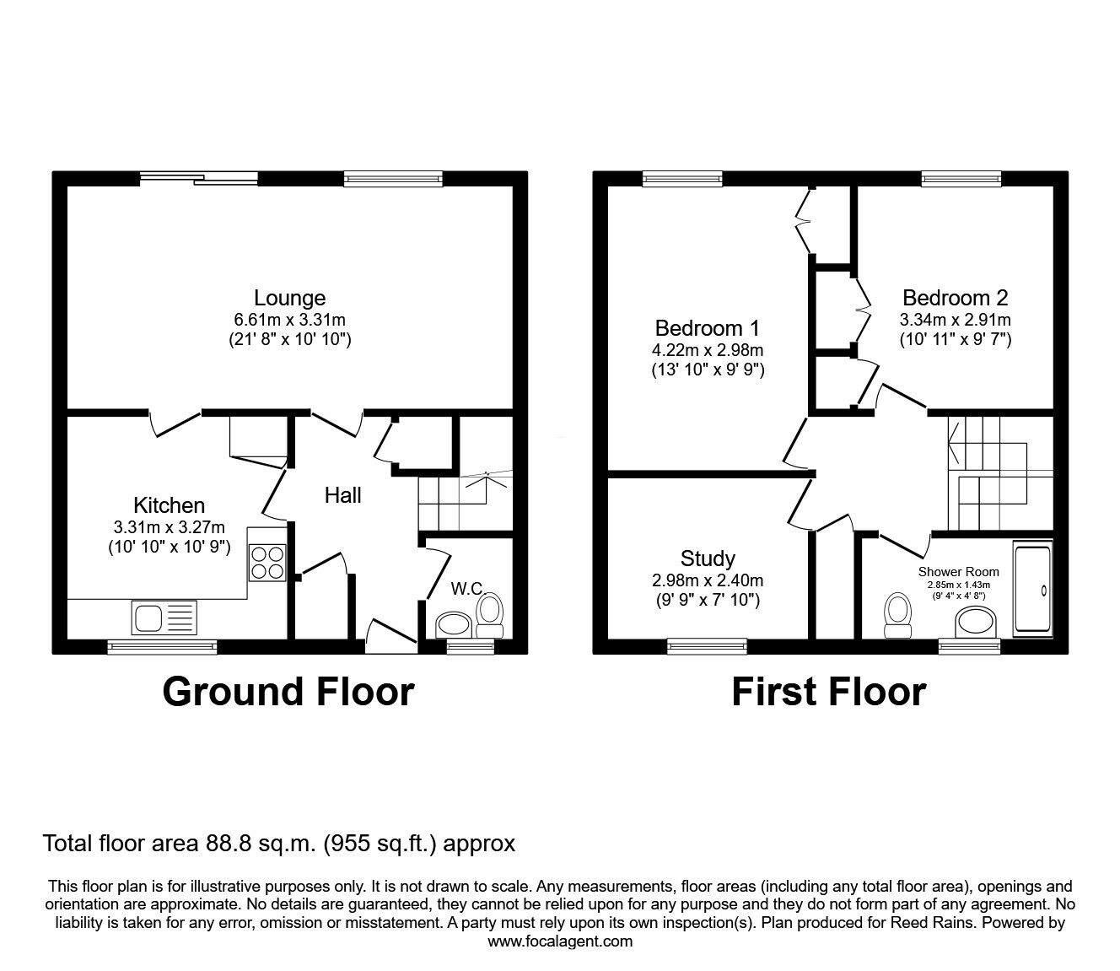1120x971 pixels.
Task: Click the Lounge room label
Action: (x=290, y=298)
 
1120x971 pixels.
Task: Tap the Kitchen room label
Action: (x=169, y=505)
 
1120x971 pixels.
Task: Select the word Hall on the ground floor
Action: (x=342, y=495)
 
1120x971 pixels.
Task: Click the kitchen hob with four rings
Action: (x=267, y=564)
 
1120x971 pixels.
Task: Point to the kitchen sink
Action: (x=164, y=617)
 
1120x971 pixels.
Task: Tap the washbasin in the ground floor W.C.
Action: (x=454, y=625)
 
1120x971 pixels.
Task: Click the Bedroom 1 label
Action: (x=707, y=328)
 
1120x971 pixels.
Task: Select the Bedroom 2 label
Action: (x=956, y=298)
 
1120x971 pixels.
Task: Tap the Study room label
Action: (x=708, y=558)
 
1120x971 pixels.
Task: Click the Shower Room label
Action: (x=959, y=571)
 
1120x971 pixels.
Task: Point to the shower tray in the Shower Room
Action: (x=1033, y=590)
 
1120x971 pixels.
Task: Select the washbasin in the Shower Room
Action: (x=975, y=623)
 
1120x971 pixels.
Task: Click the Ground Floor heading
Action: (x=288, y=693)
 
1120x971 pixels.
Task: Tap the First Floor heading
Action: (x=829, y=693)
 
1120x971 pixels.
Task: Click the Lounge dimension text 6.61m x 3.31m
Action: (x=290, y=320)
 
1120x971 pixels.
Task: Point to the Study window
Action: (x=707, y=645)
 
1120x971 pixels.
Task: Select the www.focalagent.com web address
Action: (x=560, y=941)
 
